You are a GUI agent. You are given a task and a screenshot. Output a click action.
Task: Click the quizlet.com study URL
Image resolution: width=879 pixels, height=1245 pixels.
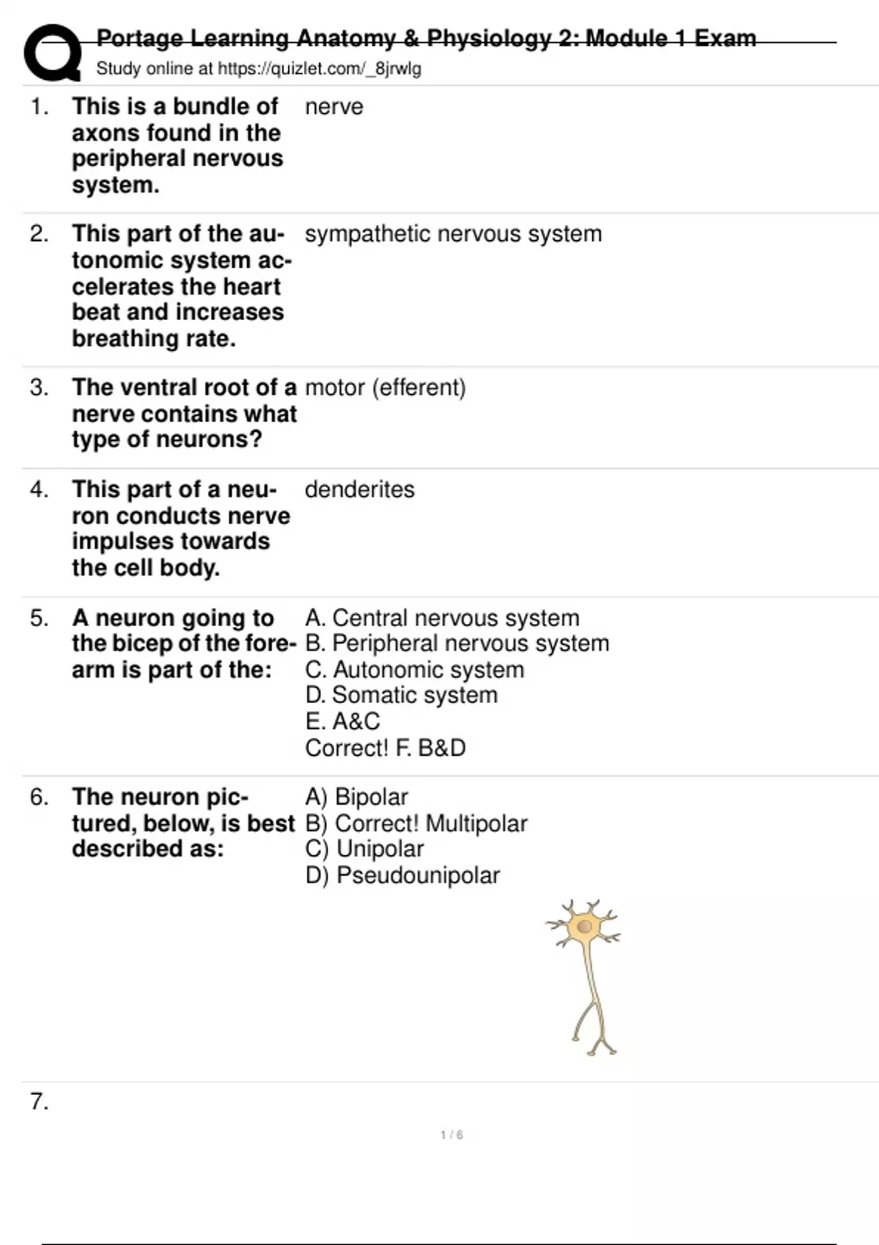319,69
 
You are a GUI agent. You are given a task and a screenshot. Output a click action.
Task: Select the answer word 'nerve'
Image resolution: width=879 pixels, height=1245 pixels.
333,107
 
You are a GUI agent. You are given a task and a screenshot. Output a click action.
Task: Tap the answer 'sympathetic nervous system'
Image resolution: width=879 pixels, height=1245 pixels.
453,234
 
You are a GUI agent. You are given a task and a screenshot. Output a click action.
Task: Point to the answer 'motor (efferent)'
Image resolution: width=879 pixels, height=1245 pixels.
385,387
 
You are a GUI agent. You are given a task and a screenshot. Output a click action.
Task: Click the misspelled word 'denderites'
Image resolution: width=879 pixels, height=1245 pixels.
359,489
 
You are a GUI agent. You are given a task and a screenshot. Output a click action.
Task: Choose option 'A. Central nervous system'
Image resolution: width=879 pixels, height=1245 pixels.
442,618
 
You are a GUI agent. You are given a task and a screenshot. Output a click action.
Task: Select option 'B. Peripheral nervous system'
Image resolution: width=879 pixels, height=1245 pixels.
456,644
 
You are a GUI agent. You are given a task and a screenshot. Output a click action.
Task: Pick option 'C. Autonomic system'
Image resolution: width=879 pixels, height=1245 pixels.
415,669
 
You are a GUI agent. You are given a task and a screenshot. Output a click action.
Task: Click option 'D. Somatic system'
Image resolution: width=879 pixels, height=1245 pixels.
401,695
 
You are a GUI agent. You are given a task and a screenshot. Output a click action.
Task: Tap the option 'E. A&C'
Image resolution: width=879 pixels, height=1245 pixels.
342,721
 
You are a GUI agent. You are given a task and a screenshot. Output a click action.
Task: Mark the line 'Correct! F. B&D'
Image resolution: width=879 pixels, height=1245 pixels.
385,748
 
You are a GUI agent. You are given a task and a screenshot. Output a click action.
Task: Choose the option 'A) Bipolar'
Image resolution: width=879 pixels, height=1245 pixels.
356,797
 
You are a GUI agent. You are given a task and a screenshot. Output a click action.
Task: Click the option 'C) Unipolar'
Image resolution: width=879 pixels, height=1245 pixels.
364,849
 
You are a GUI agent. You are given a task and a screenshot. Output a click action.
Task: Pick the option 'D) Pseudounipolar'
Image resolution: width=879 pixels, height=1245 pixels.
402,875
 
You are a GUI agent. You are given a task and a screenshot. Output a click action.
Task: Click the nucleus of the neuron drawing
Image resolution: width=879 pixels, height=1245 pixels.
585,927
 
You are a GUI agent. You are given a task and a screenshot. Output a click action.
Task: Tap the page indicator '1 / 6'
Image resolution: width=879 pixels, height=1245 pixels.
451,1135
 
